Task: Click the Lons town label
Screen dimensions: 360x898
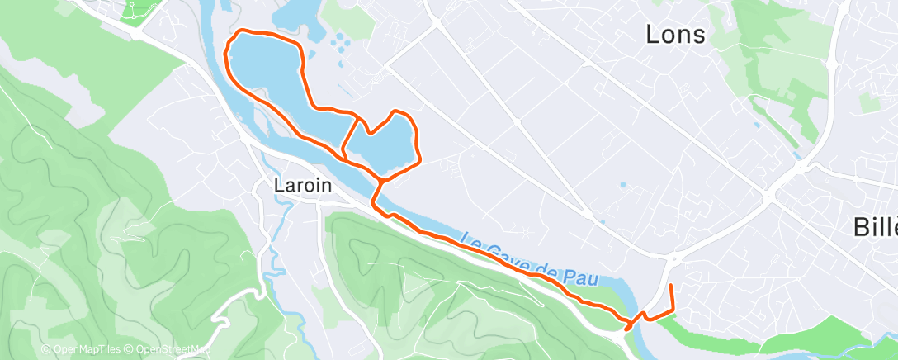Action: pos(675,35)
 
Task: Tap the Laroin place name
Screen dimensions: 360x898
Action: pos(303,187)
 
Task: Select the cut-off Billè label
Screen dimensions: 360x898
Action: pos(876,227)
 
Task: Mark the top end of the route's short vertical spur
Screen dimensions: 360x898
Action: pos(670,286)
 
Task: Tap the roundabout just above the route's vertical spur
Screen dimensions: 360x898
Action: pos(673,258)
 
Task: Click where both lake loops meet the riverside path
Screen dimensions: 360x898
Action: pos(381,178)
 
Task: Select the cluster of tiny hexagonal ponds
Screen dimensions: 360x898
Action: pos(338,40)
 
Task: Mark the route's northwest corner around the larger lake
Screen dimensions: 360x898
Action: pos(240,32)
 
